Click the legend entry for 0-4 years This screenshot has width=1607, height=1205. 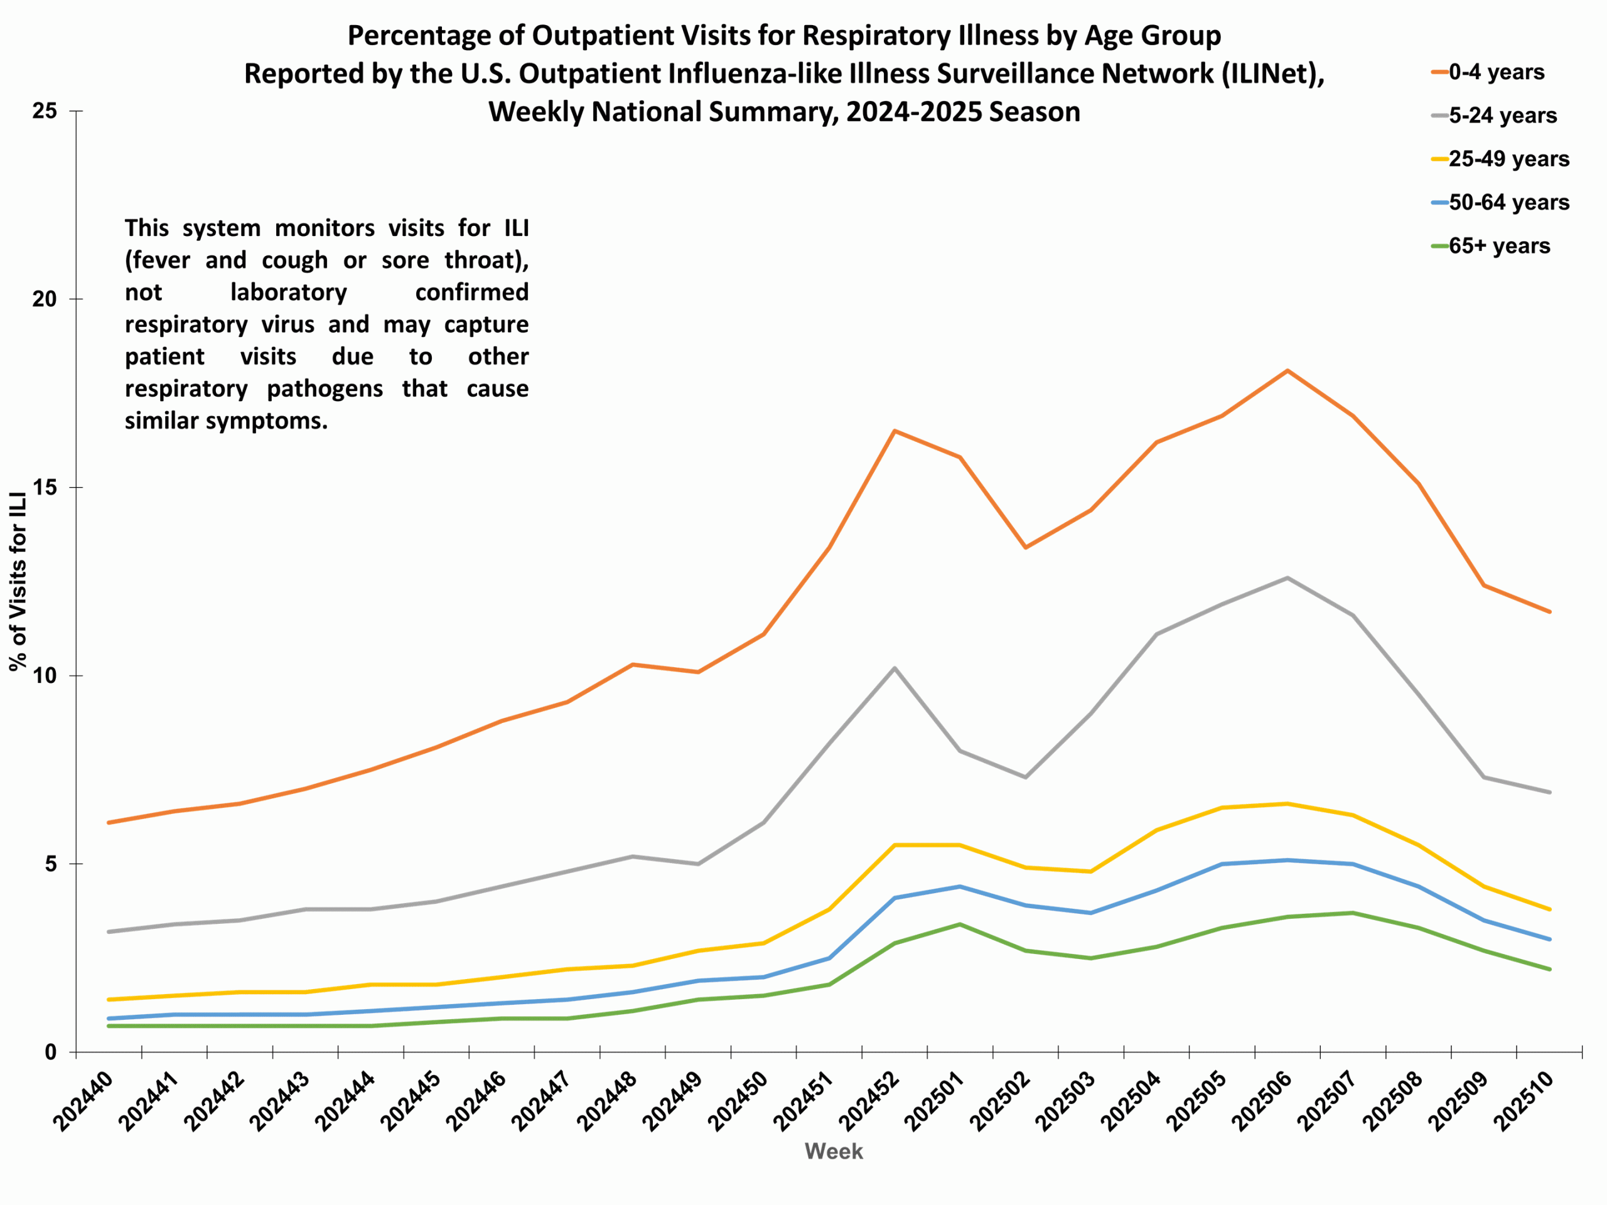coord(1496,72)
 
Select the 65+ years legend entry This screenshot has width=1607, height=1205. coord(1499,246)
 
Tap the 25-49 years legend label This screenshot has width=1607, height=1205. coord(1509,159)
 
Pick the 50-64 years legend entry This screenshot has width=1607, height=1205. coord(1509,203)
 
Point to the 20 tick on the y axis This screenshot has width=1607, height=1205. coord(45,299)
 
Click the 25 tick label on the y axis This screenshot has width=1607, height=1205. coord(45,111)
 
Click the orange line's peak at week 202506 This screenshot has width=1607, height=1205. coord(1287,370)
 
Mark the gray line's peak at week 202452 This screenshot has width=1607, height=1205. coord(895,668)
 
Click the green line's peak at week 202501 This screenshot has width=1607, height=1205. coord(960,924)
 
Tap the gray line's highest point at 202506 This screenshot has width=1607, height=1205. coord(1287,577)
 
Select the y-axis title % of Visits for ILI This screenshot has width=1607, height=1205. coord(18,581)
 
